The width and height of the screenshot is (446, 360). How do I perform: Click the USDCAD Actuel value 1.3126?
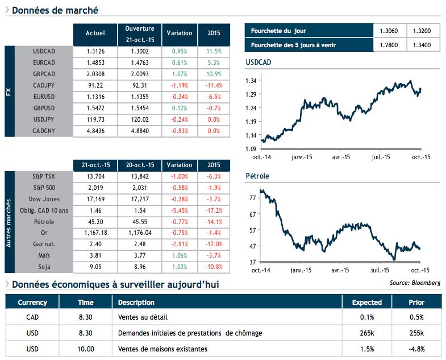coord(95,51)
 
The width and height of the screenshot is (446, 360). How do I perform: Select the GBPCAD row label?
coord(44,74)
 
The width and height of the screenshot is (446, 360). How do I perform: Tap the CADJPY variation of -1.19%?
coord(179,85)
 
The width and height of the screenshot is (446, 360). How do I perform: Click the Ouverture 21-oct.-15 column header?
coord(140,34)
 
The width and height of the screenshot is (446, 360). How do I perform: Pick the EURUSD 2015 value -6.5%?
coord(214,97)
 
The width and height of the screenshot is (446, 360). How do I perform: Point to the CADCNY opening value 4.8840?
coord(140,131)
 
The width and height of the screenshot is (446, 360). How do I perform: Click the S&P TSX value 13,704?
coord(95,177)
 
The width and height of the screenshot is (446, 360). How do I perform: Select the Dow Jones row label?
coord(44,199)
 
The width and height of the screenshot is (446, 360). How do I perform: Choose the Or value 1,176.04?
coord(140,233)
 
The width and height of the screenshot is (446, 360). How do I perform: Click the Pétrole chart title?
coord(257,176)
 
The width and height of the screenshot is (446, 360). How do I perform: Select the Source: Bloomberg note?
coord(415,283)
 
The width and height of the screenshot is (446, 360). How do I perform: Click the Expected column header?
coord(367,303)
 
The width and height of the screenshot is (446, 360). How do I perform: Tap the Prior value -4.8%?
coord(416,349)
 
